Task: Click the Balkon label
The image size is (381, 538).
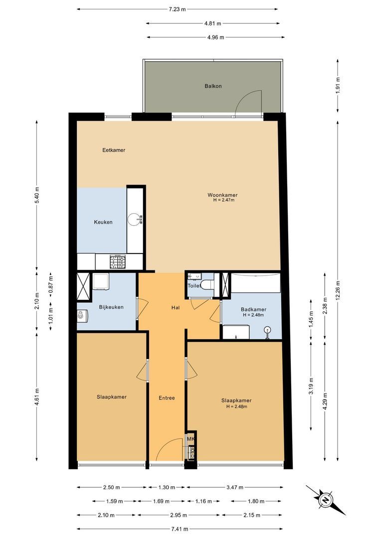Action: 213,86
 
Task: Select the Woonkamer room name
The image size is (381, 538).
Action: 222,195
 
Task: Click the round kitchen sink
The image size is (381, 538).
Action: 135,219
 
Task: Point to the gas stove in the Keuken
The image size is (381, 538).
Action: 118,261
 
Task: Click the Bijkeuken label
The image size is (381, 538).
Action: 111,307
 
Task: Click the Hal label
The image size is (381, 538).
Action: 176,307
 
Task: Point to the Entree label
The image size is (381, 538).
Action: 167,398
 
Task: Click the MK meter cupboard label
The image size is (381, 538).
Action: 190,439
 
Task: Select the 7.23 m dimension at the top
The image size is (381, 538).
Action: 177,9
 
